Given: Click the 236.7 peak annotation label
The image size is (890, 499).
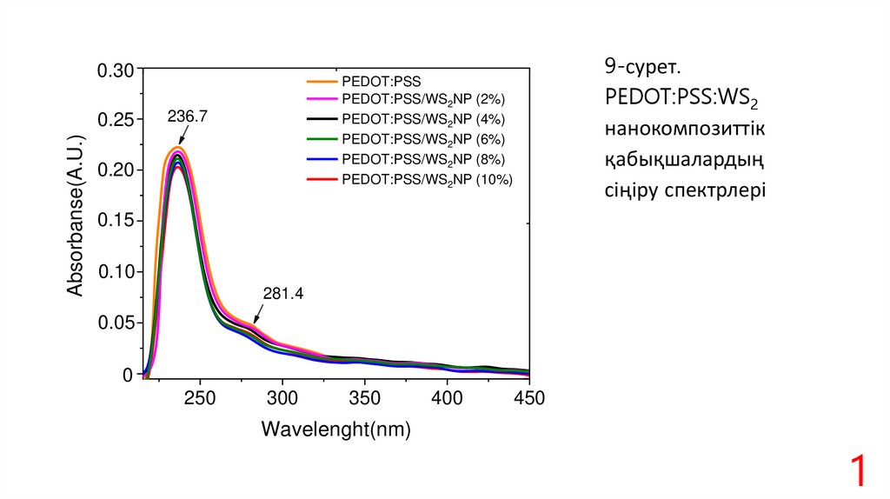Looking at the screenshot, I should point(188,115).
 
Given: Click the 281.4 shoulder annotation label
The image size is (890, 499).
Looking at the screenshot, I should point(283,294).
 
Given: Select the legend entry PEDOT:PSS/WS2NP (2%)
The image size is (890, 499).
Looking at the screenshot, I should point(423,98).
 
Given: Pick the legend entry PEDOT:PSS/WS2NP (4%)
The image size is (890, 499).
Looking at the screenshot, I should point(423,119).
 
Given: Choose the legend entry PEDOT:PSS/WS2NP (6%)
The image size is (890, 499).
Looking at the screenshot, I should point(423,139).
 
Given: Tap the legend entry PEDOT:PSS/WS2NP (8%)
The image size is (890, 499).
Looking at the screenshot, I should point(423,159).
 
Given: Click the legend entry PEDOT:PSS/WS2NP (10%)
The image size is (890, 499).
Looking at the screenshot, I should point(427,180).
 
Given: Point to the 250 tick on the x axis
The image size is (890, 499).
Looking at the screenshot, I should point(200,398).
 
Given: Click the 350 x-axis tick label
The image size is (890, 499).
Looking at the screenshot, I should point(364,398).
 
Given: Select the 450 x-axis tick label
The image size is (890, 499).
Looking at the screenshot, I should point(528,398).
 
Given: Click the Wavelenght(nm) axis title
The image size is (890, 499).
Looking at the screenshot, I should point(335,429).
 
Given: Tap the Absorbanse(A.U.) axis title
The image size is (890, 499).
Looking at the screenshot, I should point(76,216).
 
